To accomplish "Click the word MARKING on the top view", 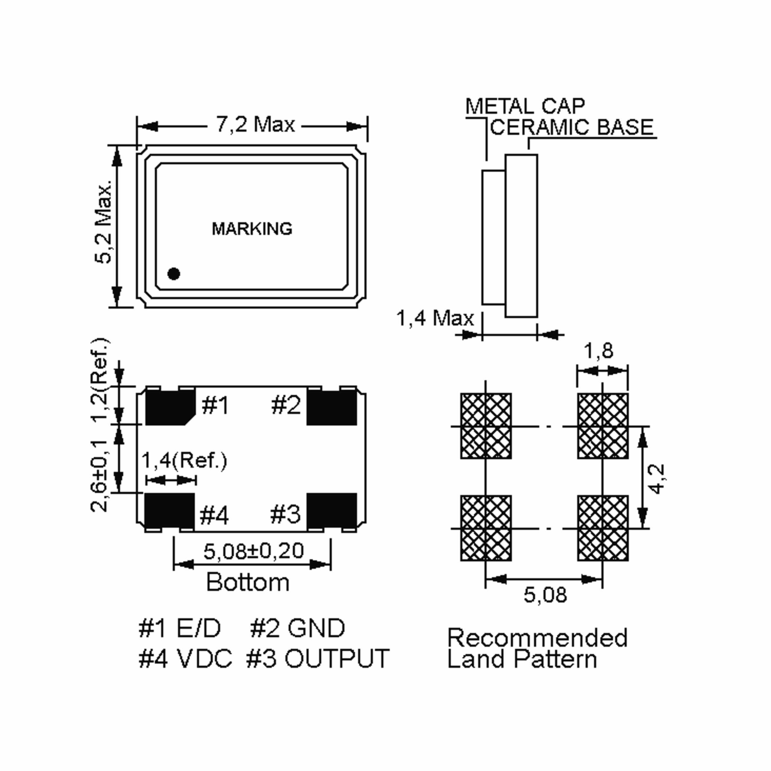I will point(252,229).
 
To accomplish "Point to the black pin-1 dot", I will point(173,274).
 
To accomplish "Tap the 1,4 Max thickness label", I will point(435,318).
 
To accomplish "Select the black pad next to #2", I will point(332,407).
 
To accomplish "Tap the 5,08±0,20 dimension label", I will point(254,551).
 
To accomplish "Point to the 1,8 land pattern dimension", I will point(598,351).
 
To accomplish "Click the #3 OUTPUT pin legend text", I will point(318,659).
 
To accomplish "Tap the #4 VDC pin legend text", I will point(185,659).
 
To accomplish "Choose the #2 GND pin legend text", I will point(297,628).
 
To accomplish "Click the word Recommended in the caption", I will point(537,638).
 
